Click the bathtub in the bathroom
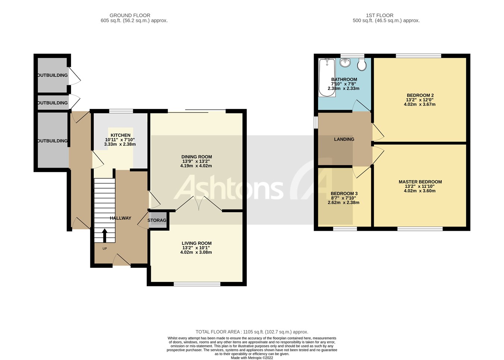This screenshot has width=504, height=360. (327, 77)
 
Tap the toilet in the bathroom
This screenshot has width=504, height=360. (361, 65)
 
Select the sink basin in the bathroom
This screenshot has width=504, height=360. (345, 63)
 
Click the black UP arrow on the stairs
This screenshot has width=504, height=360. (104, 236)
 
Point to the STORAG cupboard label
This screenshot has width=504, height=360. (157, 220)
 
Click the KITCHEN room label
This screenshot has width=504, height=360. (120, 135)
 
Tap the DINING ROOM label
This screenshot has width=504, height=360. (196, 157)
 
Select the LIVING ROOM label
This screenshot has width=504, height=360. (196, 243)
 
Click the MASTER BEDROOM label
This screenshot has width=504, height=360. (420, 182)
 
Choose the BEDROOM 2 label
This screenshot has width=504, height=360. (420, 95)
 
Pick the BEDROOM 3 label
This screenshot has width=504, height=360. (344, 193)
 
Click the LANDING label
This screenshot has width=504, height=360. (344, 139)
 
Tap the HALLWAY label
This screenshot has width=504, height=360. (120, 218)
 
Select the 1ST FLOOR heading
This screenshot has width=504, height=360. (379, 15)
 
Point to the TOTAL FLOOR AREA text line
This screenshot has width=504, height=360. (252, 332)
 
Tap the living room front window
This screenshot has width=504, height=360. (197, 284)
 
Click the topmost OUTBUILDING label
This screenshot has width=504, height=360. (53, 75)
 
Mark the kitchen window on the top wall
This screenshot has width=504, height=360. (121, 111)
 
